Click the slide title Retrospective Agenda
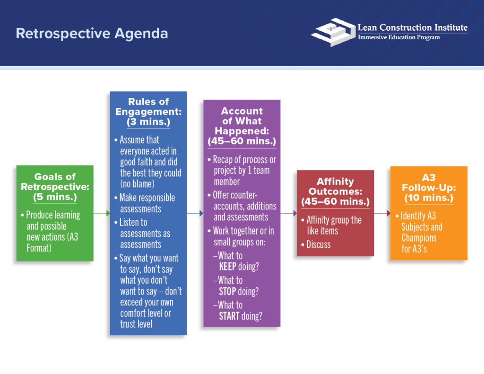point(92,34)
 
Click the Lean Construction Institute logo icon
point(333,32)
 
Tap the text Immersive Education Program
point(398,37)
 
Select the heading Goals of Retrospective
point(55,182)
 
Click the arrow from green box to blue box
point(102,214)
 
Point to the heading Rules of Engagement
point(148,106)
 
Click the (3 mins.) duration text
point(148,122)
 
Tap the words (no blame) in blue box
point(137,184)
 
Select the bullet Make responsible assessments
point(147,203)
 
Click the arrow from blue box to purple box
point(195,214)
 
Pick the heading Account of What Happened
point(242,121)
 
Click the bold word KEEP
point(228,267)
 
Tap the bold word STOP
point(227,291)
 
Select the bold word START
point(229,316)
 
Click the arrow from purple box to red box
point(288,214)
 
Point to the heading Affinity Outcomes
point(335,187)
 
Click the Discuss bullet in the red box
point(319,244)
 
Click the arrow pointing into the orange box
point(382,214)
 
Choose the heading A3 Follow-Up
point(428,183)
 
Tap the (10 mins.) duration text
point(428,198)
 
